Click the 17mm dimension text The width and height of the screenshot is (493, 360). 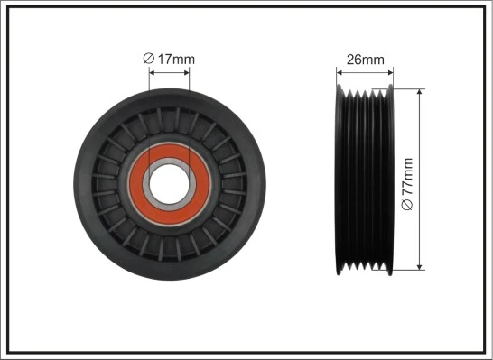coord(175,60)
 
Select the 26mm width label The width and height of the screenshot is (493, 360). coord(365,60)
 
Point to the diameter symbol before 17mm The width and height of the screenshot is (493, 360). coord(148,60)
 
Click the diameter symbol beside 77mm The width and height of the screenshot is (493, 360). coord(407,207)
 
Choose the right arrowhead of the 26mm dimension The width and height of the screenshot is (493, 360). coord(388,73)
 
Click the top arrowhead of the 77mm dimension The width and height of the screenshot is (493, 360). coord(421,93)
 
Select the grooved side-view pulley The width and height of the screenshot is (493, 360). coord(364,179)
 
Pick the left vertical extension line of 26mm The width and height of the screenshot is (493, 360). coord(336,79)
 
